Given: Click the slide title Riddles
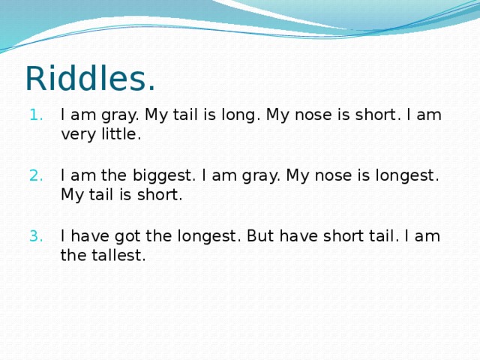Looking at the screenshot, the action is point(90,78).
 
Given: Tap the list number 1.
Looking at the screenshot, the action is point(37,115).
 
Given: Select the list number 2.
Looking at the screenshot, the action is point(37,176).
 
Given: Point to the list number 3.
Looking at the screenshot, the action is point(37,236).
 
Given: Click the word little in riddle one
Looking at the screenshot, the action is point(121,134).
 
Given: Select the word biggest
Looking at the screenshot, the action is point(163,176).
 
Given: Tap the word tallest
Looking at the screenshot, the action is point(118,255).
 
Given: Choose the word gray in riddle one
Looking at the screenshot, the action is point(120,116).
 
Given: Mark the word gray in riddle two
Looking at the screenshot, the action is point(261,177).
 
